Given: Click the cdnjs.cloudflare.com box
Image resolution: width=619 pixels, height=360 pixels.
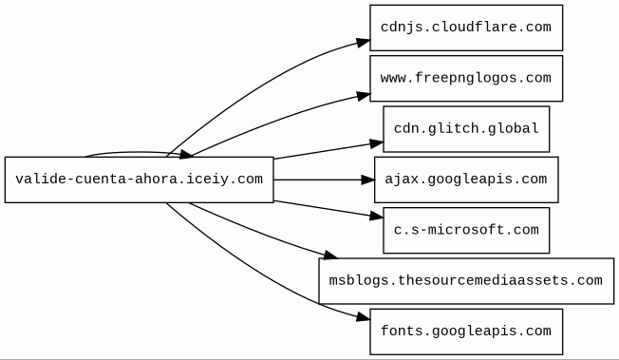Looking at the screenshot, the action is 466,28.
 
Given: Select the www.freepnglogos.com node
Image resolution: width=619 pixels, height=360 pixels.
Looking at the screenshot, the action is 466,78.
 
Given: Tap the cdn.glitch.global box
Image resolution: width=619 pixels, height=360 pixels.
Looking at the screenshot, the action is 466,129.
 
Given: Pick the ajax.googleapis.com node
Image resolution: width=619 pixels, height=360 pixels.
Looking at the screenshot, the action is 466,180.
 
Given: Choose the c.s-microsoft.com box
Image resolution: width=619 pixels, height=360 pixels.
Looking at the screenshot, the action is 466,231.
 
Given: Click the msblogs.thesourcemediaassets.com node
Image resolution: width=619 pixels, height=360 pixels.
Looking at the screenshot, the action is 466,281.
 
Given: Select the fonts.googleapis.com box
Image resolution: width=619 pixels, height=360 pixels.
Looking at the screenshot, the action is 466,332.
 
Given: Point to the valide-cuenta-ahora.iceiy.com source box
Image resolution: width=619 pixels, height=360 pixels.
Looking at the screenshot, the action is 139,180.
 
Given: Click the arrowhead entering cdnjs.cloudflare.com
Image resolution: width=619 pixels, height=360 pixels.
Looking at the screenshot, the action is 364,42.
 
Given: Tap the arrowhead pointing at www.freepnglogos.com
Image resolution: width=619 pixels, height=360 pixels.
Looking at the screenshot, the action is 364,96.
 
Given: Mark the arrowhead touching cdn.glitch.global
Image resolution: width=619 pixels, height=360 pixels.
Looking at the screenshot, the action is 377,143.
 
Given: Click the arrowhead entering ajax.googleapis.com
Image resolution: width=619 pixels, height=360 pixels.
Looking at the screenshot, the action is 368,180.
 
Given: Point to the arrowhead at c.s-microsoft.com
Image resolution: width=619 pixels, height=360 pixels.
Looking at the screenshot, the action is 377,216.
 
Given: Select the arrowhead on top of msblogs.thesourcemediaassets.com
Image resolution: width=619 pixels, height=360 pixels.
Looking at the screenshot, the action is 330,255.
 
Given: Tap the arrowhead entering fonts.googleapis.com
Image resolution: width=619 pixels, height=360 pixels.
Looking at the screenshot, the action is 364,317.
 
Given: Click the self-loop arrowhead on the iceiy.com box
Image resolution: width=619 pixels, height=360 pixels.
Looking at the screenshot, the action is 186,154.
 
